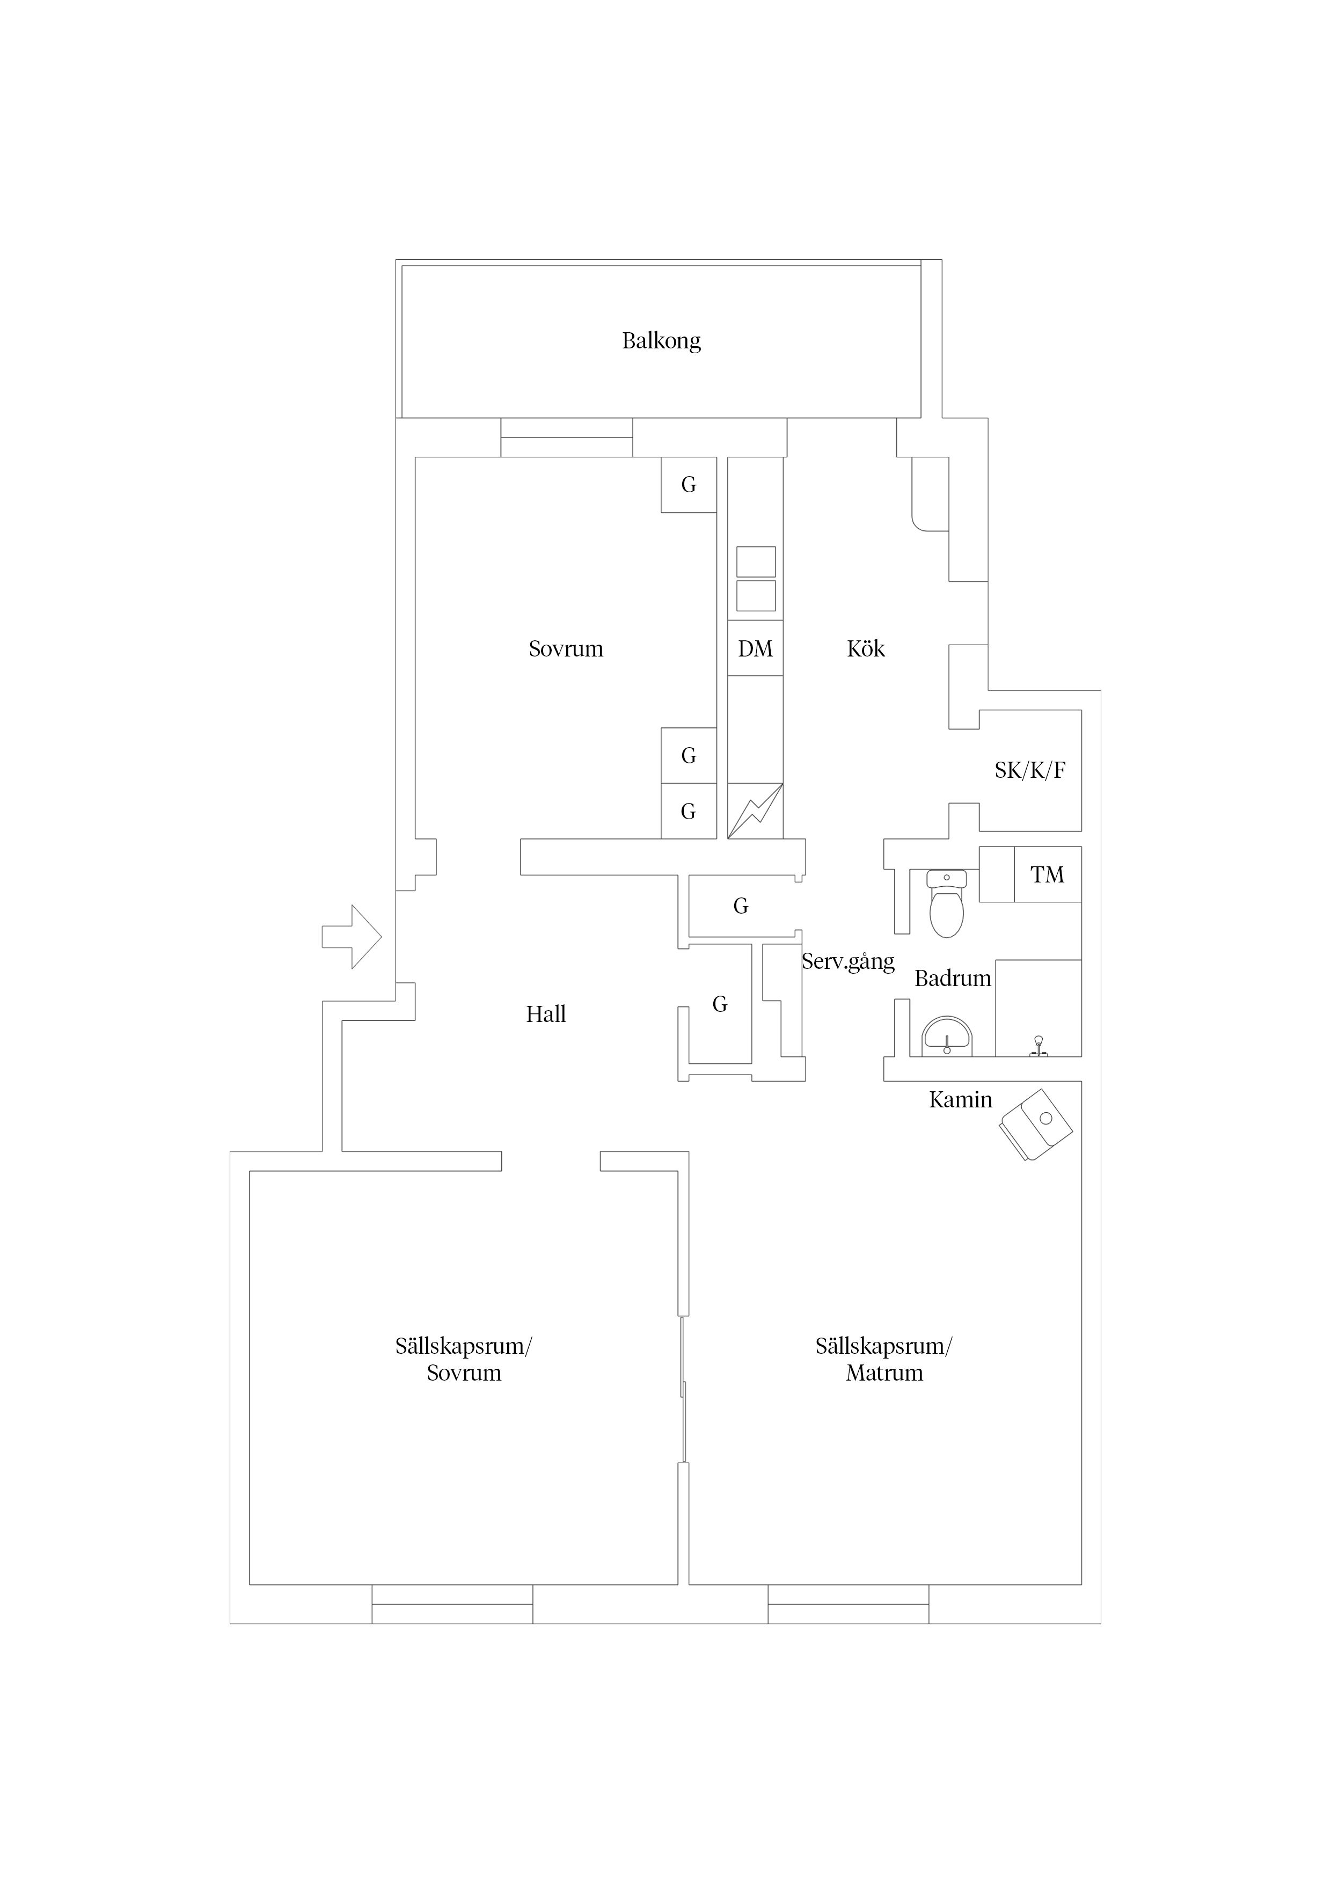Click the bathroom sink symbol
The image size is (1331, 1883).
click(947, 1038)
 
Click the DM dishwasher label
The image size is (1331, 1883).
click(755, 649)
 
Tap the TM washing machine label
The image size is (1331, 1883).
click(1047, 875)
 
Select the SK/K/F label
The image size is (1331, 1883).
click(1030, 770)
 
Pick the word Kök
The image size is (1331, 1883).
click(866, 649)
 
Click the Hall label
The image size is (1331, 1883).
click(546, 1015)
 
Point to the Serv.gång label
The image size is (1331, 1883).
click(848, 962)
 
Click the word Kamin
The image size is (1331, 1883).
click(960, 1100)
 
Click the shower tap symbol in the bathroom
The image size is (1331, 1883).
click(1038, 1047)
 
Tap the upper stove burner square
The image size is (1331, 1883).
click(755, 562)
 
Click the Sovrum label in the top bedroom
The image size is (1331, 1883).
click(566, 649)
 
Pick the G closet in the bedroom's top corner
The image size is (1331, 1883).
click(689, 485)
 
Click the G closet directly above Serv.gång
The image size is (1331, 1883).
click(741, 906)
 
